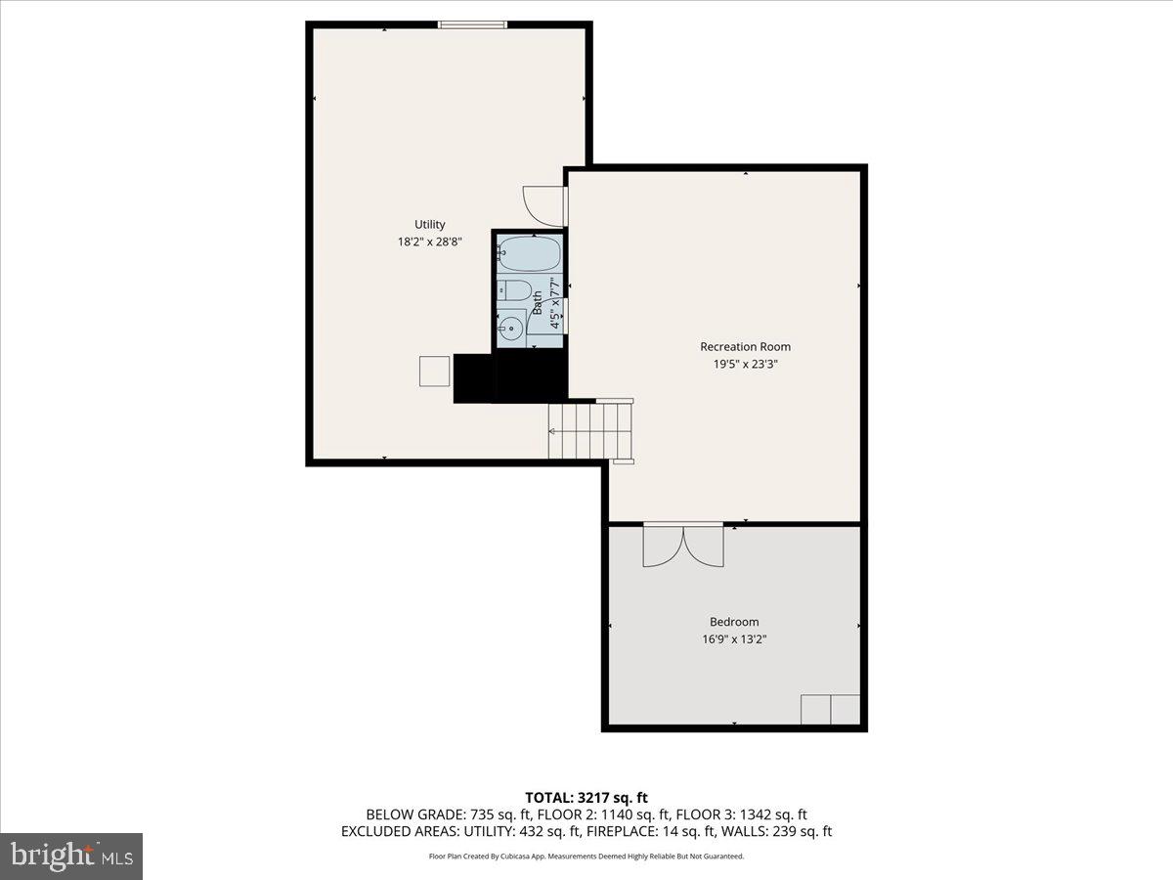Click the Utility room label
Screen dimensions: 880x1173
[429, 224]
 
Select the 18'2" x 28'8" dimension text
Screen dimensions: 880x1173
[429, 242]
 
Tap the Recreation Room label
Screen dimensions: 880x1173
[745, 346]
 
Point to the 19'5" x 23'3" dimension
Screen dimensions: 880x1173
[745, 364]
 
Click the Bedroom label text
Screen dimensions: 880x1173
[733, 622]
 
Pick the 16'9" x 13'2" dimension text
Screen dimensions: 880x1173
[733, 639]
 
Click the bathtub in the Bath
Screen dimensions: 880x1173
[530, 254]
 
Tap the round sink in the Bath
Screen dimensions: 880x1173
[511, 328]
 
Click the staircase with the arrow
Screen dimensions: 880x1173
[590, 431]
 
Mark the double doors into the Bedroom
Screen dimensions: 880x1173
[683, 545]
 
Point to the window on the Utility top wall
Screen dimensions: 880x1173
[472, 24]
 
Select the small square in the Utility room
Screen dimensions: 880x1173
[434, 372]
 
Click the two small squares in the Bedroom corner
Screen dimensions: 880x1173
[830, 709]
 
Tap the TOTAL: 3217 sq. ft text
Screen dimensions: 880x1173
[586, 798]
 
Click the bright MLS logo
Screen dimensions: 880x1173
[71, 856]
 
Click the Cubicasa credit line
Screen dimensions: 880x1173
[586, 857]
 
